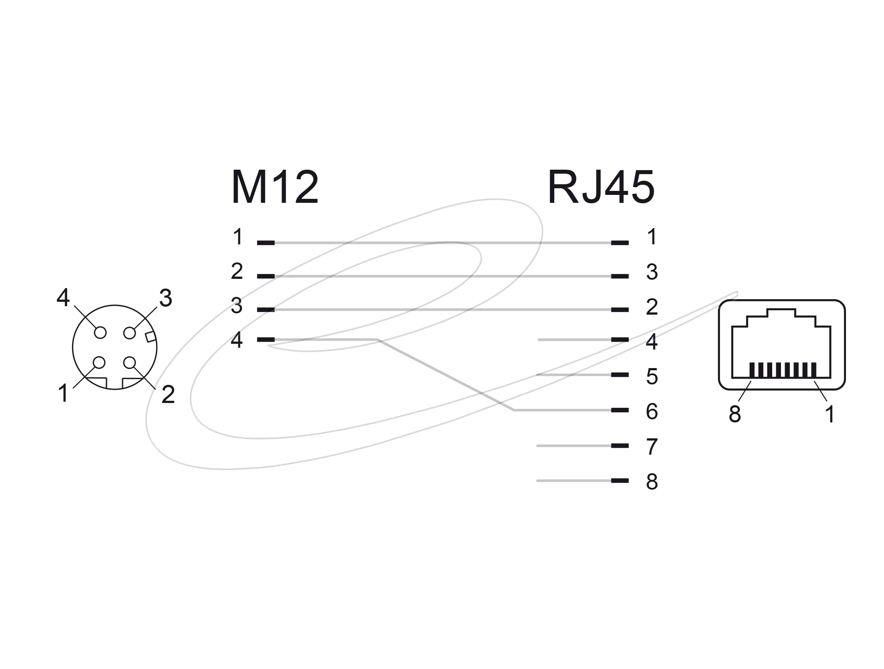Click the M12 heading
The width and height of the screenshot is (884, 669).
(x=274, y=187)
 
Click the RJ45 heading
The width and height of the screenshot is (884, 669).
(x=601, y=187)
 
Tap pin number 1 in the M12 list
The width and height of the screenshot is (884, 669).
(x=238, y=236)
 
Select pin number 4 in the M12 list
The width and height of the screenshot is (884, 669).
(x=237, y=340)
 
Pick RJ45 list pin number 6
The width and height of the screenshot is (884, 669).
(x=652, y=411)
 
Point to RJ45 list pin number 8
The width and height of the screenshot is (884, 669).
(x=652, y=482)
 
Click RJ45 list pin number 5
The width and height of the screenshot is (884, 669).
(x=652, y=376)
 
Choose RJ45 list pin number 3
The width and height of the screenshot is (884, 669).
(x=652, y=272)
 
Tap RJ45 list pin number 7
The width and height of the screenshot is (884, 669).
(x=652, y=447)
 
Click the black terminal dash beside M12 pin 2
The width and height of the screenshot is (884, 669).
(x=266, y=276)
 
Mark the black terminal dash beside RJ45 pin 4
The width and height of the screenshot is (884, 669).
(x=620, y=340)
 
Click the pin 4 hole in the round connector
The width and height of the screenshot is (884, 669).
(x=100, y=332)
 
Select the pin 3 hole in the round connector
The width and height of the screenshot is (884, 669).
(x=130, y=332)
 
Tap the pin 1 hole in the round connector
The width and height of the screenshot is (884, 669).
(x=99, y=362)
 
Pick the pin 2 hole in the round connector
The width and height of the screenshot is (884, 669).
(x=130, y=362)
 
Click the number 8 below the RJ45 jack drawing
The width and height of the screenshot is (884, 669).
(x=735, y=414)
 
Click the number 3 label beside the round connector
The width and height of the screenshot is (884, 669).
(x=165, y=298)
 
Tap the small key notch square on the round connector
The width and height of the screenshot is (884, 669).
(x=151, y=337)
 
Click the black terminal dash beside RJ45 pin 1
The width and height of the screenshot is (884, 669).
(x=620, y=243)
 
